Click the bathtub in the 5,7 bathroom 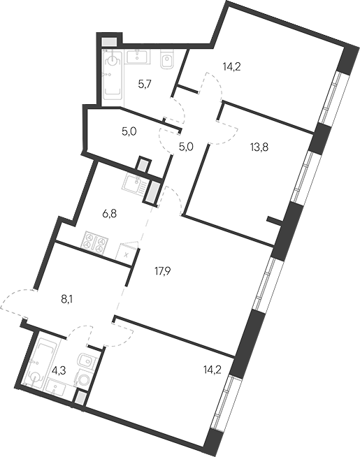[x=112, y=77]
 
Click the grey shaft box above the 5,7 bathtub [x=108, y=41]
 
